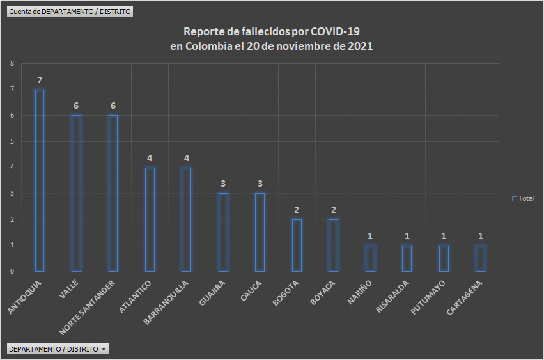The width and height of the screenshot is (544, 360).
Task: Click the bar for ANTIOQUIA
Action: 40,180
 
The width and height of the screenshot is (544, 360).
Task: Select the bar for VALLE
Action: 76,193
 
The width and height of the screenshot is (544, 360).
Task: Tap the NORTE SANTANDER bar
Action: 113,193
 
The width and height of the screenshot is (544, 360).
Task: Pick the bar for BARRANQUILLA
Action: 187,219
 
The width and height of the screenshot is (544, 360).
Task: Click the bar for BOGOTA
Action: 297,245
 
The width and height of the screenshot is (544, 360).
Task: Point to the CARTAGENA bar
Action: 480,258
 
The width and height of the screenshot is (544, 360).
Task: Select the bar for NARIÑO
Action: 370,258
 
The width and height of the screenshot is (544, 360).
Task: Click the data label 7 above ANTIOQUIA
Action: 40,80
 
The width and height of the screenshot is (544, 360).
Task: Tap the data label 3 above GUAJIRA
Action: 223,184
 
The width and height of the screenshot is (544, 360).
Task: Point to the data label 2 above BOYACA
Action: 334,210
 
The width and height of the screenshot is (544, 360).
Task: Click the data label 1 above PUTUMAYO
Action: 444,236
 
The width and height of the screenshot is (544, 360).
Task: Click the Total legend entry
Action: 523,199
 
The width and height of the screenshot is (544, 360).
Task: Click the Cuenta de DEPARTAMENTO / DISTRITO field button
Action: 70,12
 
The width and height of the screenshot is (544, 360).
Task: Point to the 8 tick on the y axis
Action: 12,63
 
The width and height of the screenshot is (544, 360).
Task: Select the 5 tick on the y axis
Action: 12,141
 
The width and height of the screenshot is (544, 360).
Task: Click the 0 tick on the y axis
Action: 12,271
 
